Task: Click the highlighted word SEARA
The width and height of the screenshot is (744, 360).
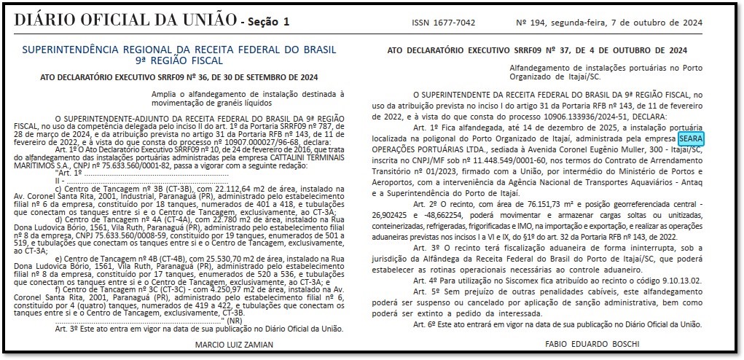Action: [x=690, y=138]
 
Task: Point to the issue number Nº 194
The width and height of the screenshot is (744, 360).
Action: [x=536, y=23]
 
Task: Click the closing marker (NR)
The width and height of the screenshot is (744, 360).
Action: [x=235, y=321]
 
